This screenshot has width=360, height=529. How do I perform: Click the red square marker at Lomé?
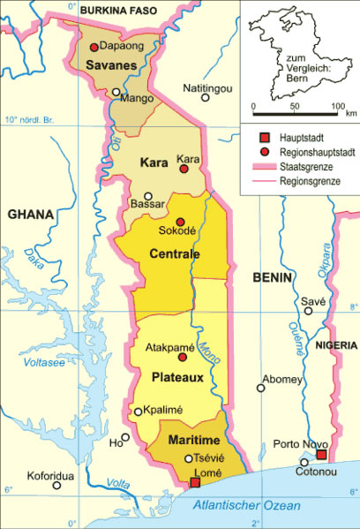point(195,482)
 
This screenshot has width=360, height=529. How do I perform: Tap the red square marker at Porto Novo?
point(322,455)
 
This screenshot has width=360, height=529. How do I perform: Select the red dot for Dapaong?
point(94,47)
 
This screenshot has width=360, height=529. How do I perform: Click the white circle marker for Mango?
point(116,91)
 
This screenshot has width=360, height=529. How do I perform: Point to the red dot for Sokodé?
point(180,222)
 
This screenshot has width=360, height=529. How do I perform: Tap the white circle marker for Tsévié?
point(188,457)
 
